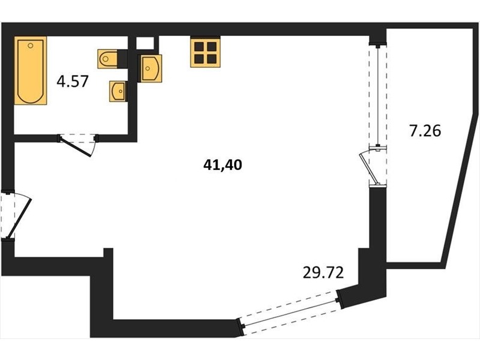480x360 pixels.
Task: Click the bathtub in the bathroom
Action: (x=31, y=70)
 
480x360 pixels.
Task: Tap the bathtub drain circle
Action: (x=30, y=46)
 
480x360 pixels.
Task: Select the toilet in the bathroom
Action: (x=107, y=59)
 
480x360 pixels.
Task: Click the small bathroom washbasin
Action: (x=118, y=91)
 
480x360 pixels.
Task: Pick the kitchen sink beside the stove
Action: (x=151, y=68)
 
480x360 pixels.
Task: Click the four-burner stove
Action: (x=205, y=52)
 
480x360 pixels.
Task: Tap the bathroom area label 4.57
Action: (x=73, y=82)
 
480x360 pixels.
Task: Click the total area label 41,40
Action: (x=223, y=166)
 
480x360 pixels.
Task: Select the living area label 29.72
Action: (x=323, y=272)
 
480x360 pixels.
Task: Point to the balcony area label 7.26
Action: (x=425, y=131)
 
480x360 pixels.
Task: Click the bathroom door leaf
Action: (x=75, y=147)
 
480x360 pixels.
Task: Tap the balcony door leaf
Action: (x=370, y=169)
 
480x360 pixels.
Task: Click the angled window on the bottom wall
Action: (x=289, y=312)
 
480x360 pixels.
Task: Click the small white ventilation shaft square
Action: (x=145, y=43)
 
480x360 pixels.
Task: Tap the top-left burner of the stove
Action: (x=199, y=47)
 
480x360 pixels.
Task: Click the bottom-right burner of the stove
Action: (x=212, y=59)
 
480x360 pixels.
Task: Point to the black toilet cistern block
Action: (x=122, y=59)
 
